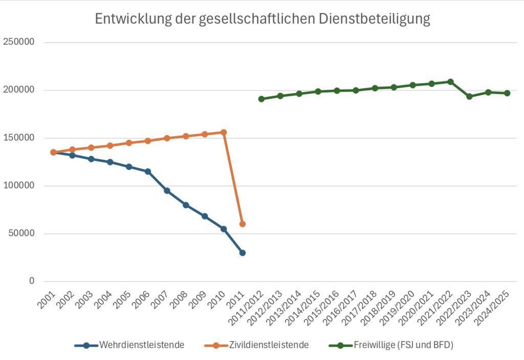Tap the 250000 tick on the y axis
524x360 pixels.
[19, 43]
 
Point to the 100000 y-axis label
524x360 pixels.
[19, 186]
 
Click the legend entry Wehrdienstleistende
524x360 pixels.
[141, 345]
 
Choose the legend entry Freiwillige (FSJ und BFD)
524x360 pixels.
[403, 345]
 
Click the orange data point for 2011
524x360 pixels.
[243, 224]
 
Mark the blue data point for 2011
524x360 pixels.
[243, 252]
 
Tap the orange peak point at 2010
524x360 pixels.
[224, 132]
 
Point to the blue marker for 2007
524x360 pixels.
[167, 190]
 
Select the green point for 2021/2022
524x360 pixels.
[450, 82]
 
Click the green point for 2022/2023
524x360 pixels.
[469, 96]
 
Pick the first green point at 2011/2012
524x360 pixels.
[261, 99]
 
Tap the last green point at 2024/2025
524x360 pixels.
[507, 93]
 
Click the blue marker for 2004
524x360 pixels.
[110, 162]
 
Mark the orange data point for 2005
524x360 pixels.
[129, 143]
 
